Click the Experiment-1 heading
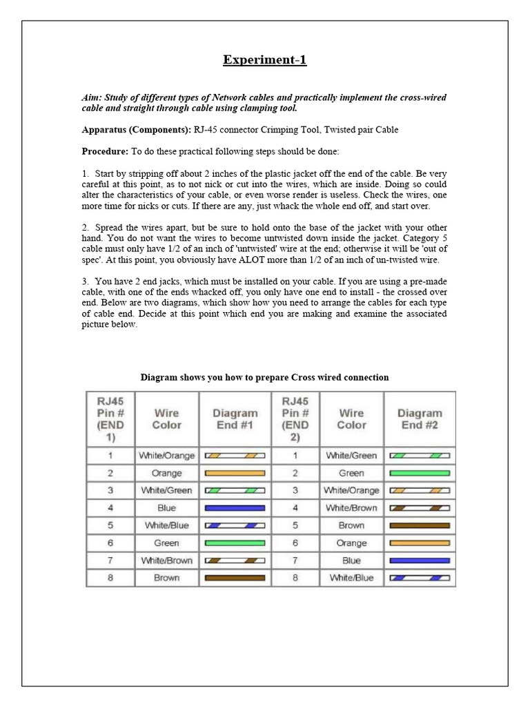click(264, 60)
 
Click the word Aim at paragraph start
click(90, 98)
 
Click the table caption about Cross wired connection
click(264, 377)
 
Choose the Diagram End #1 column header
click(235, 419)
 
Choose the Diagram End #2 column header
click(420, 419)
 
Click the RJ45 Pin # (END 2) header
click(295, 419)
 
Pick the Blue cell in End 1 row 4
click(166, 507)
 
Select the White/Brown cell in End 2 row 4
click(351, 507)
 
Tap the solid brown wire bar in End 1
click(235, 578)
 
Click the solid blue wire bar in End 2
click(420, 561)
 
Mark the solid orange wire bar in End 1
click(235, 473)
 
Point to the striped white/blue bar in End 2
click(420, 578)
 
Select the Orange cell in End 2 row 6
click(351, 543)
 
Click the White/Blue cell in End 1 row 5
click(166, 525)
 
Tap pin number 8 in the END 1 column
click(110, 578)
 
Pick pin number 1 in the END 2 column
click(295, 456)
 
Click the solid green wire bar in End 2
click(420, 473)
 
